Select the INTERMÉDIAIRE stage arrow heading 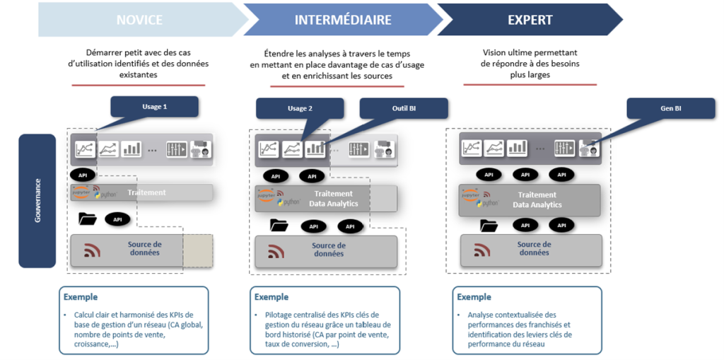343,20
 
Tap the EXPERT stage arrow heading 530,20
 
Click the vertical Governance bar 37,201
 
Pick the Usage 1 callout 154,107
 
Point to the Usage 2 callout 300,108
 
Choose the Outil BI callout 404,108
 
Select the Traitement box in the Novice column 141,192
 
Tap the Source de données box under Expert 530,249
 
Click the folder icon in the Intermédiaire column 279,226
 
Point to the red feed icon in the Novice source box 93,250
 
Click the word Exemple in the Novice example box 80,297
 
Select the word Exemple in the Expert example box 474,297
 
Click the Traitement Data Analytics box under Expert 530,199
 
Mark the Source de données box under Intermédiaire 325,250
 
